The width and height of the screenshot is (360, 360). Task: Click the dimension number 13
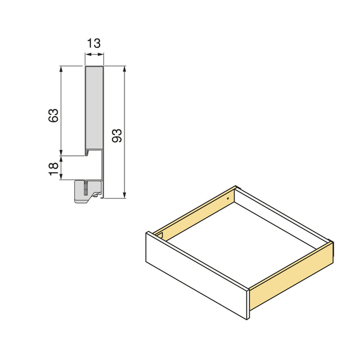click(x=94, y=44)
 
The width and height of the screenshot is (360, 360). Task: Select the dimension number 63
click(x=53, y=115)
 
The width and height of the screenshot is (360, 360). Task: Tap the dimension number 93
click(x=117, y=136)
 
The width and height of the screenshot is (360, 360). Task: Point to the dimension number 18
click(x=53, y=168)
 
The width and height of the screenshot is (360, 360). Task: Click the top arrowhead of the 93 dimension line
click(x=124, y=69)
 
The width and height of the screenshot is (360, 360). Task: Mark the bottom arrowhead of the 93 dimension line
click(x=124, y=195)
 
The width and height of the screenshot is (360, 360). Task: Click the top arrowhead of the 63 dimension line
click(x=61, y=69)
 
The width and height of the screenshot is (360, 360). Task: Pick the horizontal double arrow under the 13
click(x=94, y=57)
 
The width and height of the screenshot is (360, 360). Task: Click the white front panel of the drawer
click(x=195, y=273)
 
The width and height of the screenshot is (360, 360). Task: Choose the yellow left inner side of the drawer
click(x=195, y=213)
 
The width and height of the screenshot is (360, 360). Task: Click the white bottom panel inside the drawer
click(x=242, y=242)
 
